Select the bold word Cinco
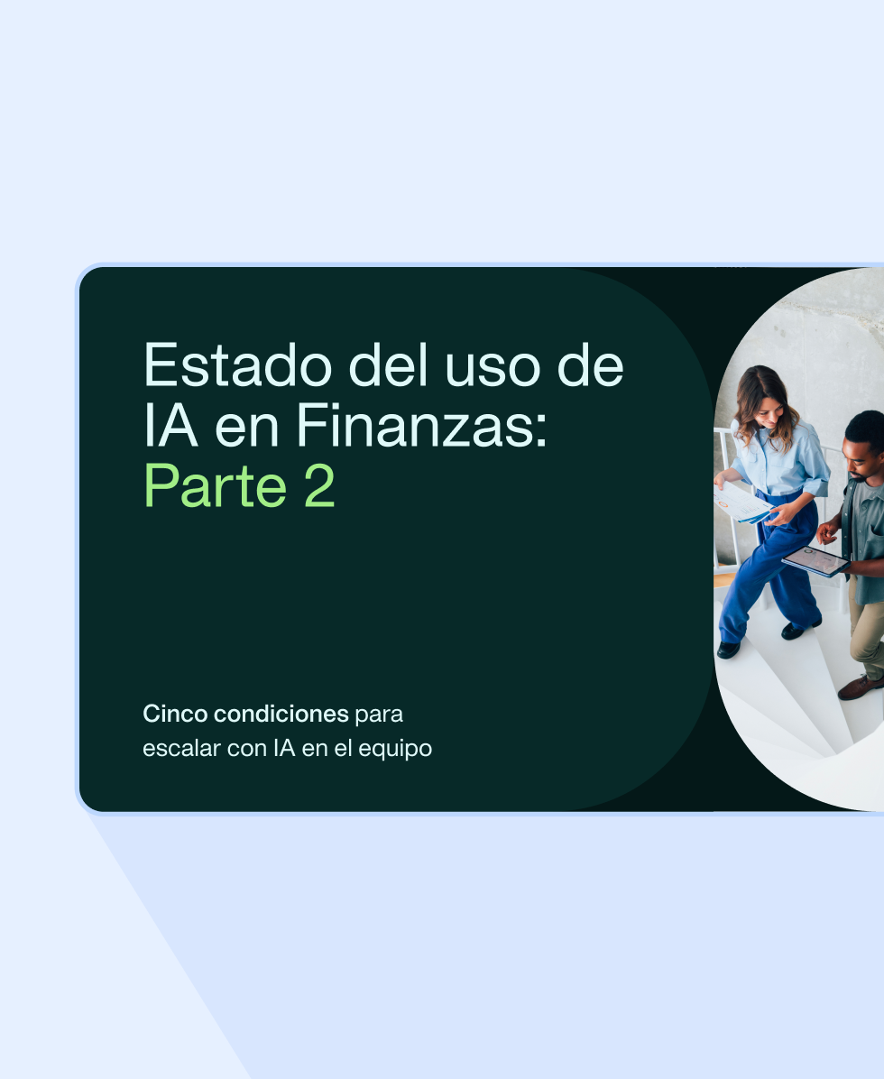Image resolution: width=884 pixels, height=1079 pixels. click(x=175, y=715)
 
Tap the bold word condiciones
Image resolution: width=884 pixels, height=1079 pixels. click(x=281, y=715)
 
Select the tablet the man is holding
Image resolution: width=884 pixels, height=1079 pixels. click(x=815, y=560)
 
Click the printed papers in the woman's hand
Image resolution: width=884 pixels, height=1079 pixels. click(x=741, y=502)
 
